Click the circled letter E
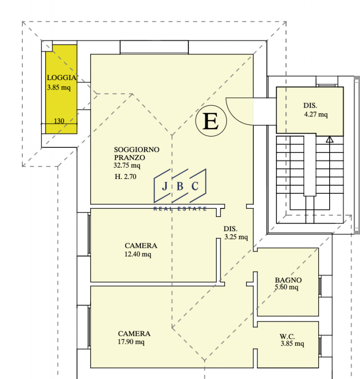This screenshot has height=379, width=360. coord(211,121)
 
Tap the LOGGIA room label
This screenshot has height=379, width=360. coord(62,78)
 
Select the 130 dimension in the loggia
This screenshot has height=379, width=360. coord(59,121)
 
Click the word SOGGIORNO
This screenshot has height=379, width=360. coord(137,149)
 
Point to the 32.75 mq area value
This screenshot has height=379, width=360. coord(127,165)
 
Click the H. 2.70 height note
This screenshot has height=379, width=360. coord(125,177)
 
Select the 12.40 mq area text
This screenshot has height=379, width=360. coord(138,254)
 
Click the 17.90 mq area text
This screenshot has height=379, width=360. coord(131,342)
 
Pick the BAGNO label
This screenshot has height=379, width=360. coord(288,280)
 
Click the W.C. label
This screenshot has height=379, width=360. coord(287,336)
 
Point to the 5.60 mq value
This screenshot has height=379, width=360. coord(286,287)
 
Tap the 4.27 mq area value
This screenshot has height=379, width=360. coord(316,114)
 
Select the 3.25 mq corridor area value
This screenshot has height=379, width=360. coord(236,237)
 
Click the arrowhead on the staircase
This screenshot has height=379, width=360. coord(330,139)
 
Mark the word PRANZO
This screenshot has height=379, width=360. coord(129,158)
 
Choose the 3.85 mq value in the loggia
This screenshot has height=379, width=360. coord(59,87)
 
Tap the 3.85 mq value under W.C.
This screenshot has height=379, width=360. coord(292,343)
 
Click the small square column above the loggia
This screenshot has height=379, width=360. coord(47,46)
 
